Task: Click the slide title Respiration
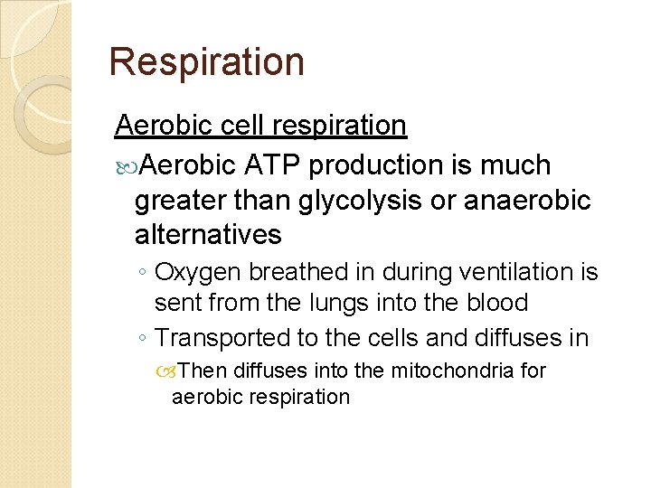point(206,62)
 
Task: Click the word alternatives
point(208,235)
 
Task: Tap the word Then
point(203,371)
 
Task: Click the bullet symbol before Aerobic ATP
point(126,166)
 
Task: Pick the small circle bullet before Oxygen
point(145,273)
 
